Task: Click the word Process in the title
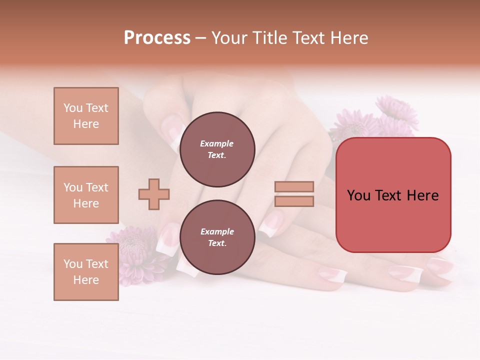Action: (x=157, y=38)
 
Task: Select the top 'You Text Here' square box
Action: (x=86, y=116)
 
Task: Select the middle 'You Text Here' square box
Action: (x=86, y=195)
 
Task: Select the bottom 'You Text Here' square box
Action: (x=86, y=272)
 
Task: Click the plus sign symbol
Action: (x=154, y=194)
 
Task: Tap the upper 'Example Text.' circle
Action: (x=217, y=149)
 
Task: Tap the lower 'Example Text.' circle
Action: (x=217, y=237)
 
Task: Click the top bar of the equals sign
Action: (x=294, y=186)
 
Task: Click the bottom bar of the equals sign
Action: (x=294, y=201)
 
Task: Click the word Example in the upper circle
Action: (x=216, y=143)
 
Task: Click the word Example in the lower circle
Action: (x=216, y=231)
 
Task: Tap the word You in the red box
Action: (x=358, y=195)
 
